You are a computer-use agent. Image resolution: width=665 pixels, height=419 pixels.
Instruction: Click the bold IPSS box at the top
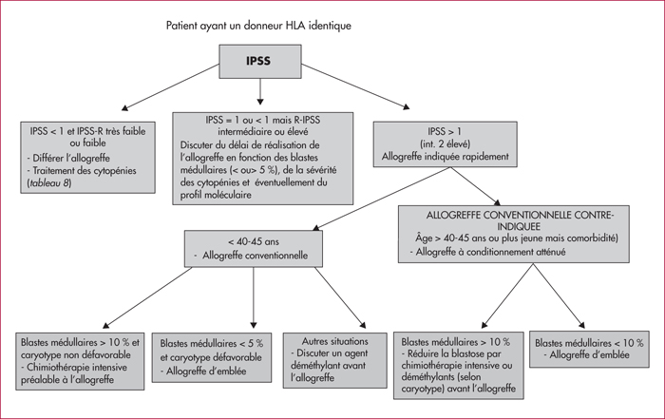point(260,62)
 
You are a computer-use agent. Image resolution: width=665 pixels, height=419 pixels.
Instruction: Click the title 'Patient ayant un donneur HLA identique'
point(258,26)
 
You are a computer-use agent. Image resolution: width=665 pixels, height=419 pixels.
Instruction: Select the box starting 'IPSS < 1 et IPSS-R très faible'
point(87,158)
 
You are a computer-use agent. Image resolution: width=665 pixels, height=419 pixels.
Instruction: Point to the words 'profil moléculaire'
point(216,195)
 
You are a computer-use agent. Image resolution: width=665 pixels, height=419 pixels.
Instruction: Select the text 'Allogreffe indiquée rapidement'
point(446,157)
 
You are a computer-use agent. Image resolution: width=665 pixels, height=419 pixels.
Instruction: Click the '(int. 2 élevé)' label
point(445,144)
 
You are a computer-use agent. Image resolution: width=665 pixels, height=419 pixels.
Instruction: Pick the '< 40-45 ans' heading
point(254,241)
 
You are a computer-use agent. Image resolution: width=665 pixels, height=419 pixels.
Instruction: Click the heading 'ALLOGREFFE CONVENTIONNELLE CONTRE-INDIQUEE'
point(520,220)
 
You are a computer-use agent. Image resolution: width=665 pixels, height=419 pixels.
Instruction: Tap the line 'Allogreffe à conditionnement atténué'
point(490,252)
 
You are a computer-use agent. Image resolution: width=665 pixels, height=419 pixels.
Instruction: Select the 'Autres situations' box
point(335,360)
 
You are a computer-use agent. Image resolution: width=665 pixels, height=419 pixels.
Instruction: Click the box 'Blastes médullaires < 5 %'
point(212,357)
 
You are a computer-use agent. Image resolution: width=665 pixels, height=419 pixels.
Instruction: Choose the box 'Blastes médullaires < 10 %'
point(589,349)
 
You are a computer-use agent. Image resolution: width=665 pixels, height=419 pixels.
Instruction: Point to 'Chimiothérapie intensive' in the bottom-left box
point(77,368)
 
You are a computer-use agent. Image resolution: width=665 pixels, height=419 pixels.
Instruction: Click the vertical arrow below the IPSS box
point(260,91)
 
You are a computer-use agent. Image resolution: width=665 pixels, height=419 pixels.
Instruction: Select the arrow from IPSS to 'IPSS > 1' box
point(355,86)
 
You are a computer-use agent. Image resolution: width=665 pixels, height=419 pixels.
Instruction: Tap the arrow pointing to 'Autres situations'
point(340,297)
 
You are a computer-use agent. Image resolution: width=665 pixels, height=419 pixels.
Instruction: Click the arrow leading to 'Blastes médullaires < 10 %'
point(559,296)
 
